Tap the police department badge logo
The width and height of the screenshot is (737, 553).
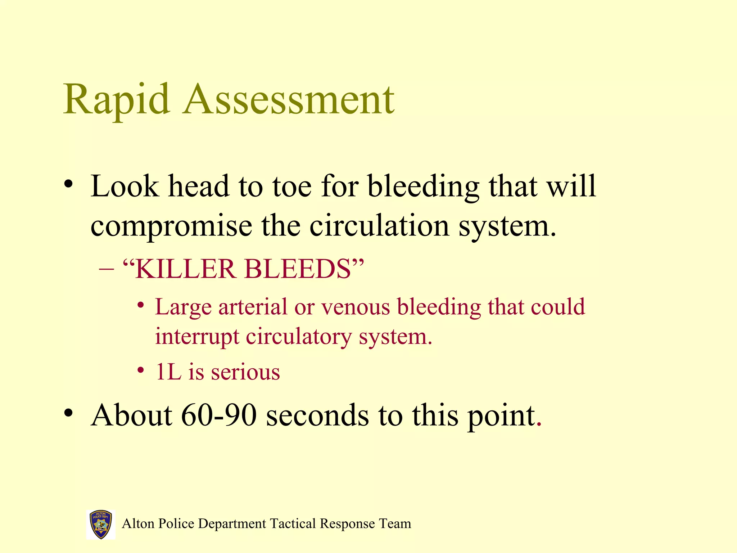click(x=101, y=524)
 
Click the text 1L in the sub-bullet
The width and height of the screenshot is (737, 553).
click(x=168, y=372)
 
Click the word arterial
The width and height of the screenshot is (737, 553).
click(x=253, y=307)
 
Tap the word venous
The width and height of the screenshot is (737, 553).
click(x=356, y=307)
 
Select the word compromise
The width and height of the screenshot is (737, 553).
click(x=171, y=226)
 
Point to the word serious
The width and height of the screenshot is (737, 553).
click(x=245, y=372)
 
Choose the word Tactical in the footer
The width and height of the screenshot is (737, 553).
click(x=293, y=523)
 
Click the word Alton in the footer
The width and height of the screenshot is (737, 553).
click(x=138, y=523)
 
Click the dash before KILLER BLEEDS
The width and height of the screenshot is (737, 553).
click(x=106, y=270)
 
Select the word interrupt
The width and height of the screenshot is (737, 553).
click(x=197, y=337)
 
